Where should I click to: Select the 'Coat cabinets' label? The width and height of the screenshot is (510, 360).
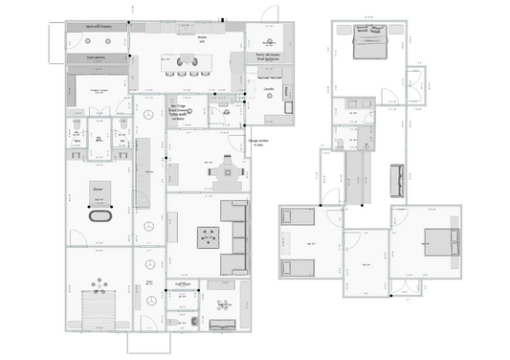[x=96, y=56]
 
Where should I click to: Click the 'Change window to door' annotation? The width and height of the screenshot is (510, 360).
[x=260, y=144]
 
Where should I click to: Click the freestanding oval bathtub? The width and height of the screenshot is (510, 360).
[x=100, y=214]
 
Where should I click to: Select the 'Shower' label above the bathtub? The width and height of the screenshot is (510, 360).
[x=98, y=190]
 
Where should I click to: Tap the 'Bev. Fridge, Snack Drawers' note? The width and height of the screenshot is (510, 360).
[x=183, y=112]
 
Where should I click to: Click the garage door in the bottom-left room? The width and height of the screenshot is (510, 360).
[x=98, y=313]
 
